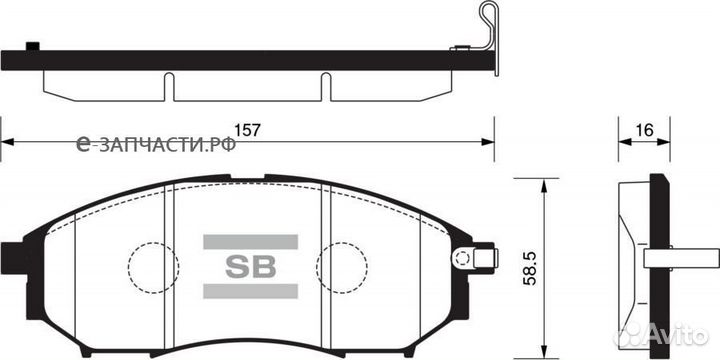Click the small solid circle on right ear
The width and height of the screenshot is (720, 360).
tap(461, 259)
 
